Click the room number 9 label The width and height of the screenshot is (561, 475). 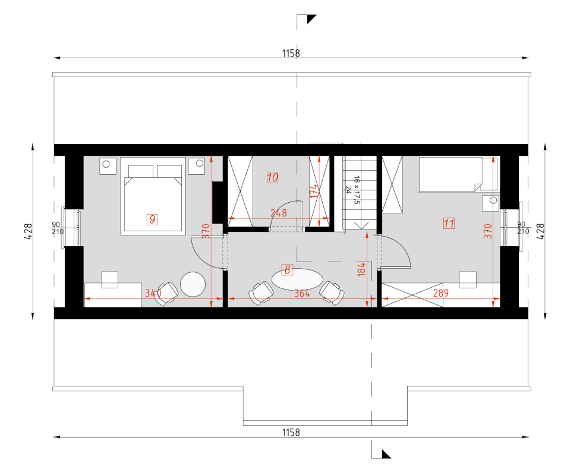(152, 219)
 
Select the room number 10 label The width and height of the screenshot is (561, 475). (272, 178)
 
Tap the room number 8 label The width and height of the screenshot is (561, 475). (287, 270)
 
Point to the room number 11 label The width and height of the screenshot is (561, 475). (449, 224)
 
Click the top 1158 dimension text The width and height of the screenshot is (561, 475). (291, 54)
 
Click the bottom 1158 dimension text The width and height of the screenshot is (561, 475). (291, 432)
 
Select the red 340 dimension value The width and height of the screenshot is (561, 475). (153, 293)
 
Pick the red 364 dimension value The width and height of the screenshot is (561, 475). (302, 293)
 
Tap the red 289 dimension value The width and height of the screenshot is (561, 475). (441, 293)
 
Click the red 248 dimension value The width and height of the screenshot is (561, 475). (279, 213)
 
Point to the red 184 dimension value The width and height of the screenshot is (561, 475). (361, 269)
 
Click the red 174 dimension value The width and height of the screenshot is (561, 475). (314, 191)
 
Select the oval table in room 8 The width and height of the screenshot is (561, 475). (297, 279)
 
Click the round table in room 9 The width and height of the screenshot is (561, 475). (193, 284)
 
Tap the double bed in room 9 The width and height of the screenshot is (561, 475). (153, 196)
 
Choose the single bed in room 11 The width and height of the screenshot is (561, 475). (458, 174)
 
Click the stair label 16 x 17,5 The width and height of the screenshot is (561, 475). (357, 190)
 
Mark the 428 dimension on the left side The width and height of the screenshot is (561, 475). (29, 232)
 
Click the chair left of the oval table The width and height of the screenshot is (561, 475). (261, 293)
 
